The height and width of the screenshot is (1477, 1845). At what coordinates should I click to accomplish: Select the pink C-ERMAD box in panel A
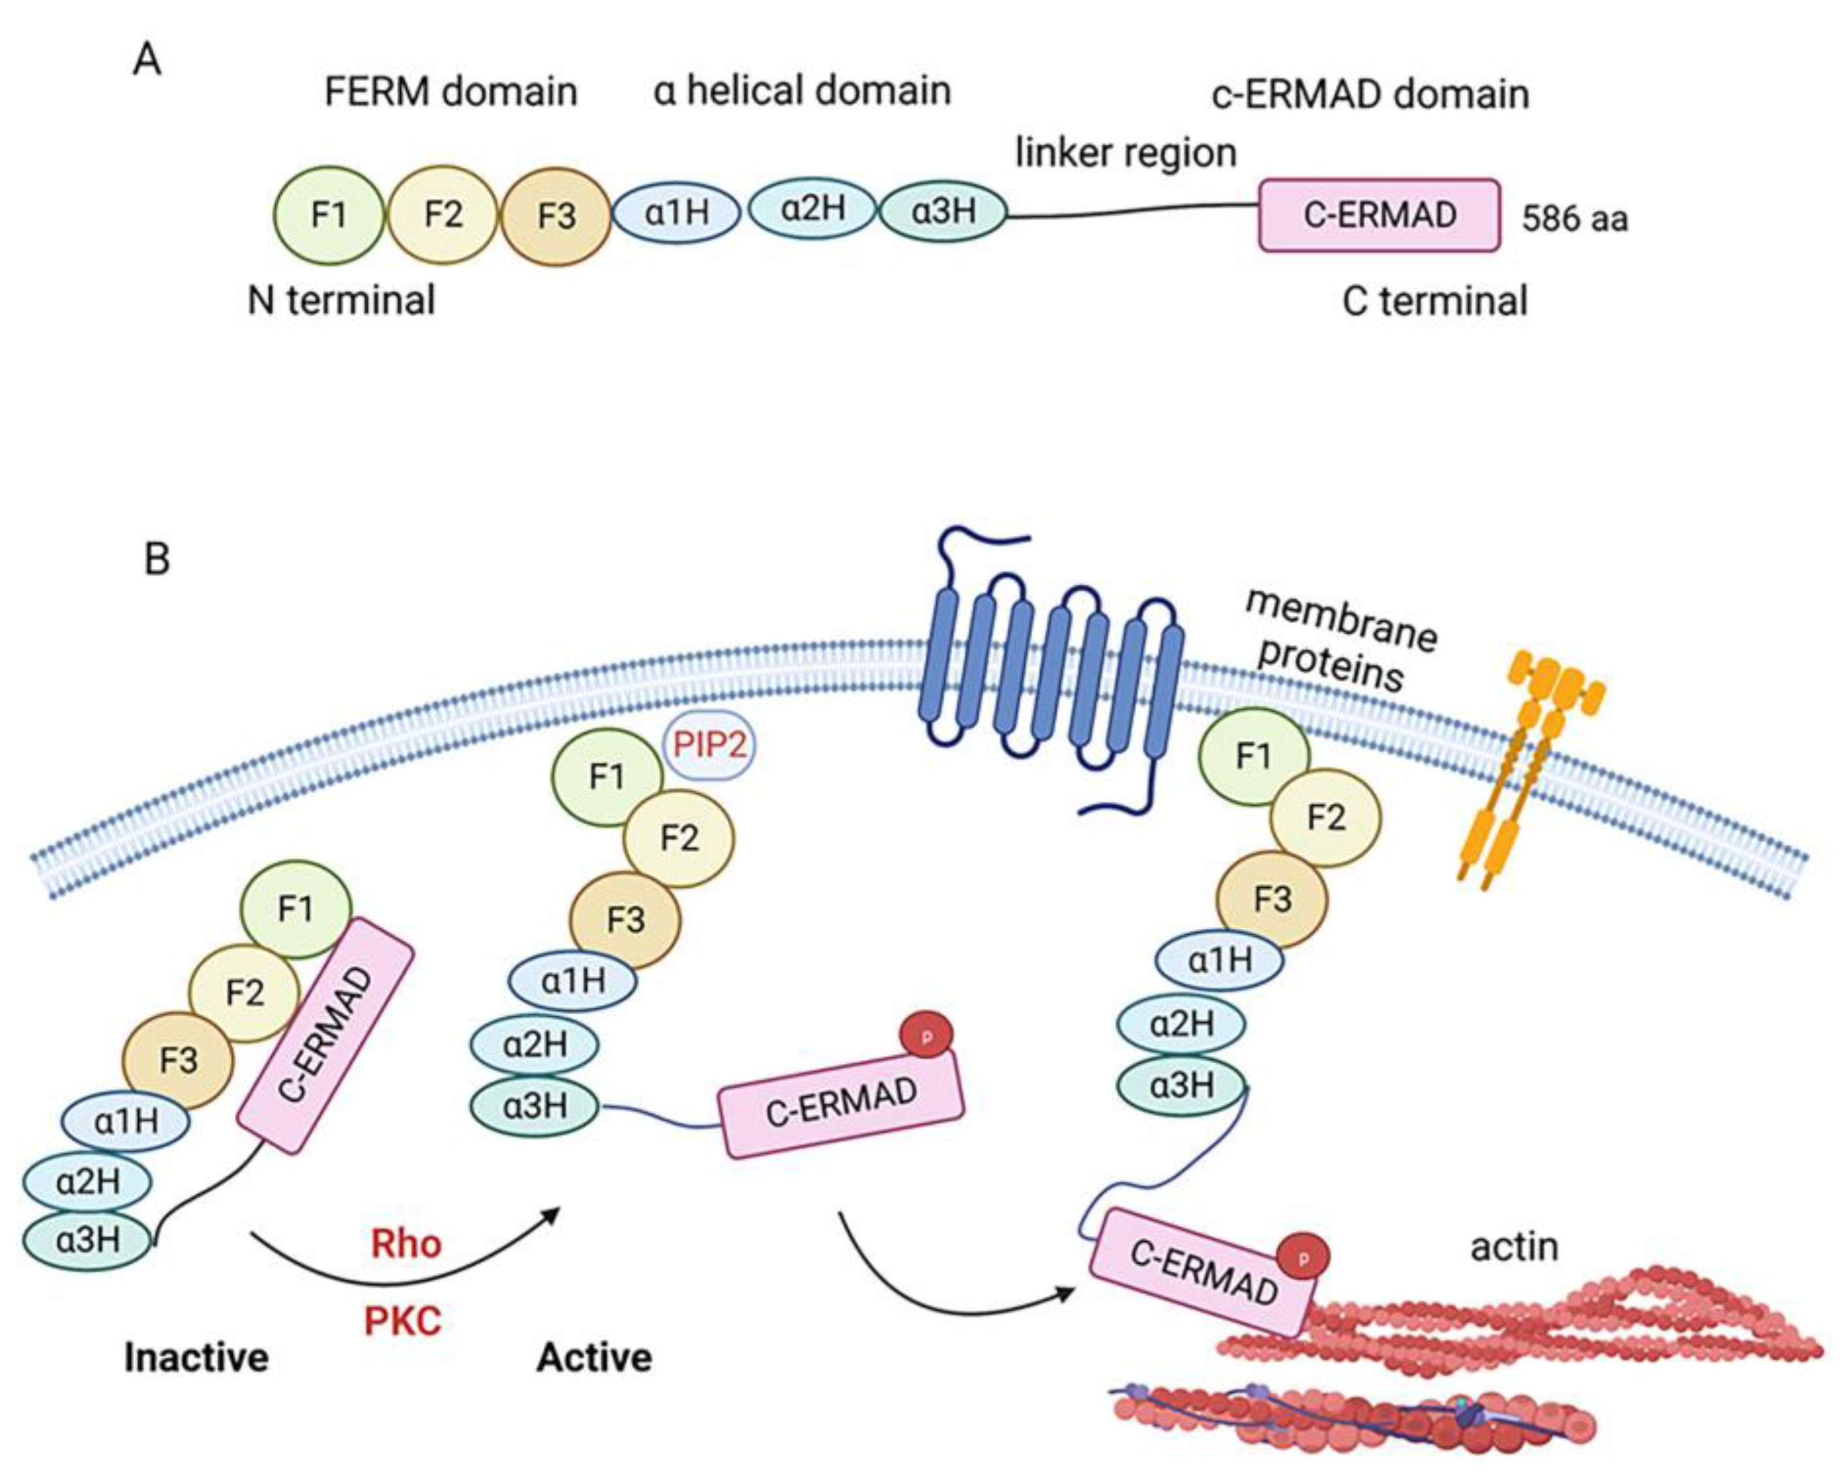tap(1379, 215)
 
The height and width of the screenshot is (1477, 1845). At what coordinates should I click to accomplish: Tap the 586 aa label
tap(1574, 219)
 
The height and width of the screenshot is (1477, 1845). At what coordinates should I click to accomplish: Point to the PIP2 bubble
tap(709, 744)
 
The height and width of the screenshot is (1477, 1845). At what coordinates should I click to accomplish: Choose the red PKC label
tap(403, 1321)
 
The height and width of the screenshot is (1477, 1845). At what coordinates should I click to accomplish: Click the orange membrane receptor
tap(1532, 770)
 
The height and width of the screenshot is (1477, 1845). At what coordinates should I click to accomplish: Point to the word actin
tap(1514, 1247)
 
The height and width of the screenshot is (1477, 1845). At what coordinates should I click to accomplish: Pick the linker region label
tap(1125, 153)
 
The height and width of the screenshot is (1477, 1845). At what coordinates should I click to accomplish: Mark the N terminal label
tap(340, 301)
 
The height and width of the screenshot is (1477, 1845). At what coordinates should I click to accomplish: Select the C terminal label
tap(1434, 301)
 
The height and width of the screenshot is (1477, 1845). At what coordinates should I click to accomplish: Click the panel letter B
tap(156, 559)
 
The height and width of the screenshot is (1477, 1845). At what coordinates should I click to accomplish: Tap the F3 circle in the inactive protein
tap(178, 1061)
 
